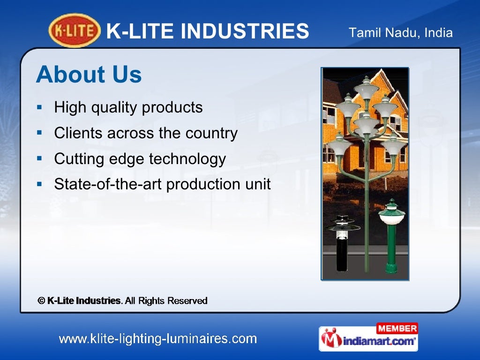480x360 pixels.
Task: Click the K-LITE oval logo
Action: [75, 31]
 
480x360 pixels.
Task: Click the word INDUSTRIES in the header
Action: [245, 31]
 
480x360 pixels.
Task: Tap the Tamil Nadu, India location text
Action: [401, 33]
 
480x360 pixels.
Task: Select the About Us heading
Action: [89, 75]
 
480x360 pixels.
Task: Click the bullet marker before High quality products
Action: [40, 107]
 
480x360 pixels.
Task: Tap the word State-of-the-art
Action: [108, 184]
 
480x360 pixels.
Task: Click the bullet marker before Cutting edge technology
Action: [40, 159]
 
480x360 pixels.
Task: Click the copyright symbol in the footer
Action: [41, 301]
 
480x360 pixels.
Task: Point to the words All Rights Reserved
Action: [166, 301]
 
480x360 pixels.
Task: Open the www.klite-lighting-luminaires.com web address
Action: [157, 339]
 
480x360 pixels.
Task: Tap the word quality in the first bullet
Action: [114, 108]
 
